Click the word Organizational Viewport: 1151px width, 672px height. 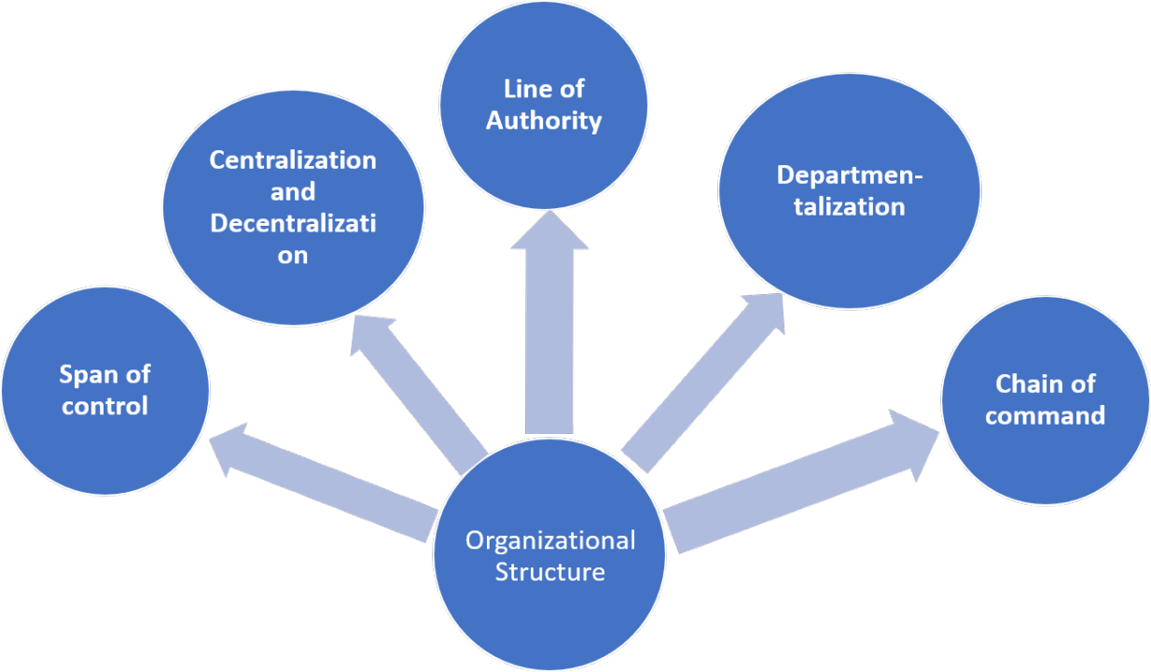tap(550, 540)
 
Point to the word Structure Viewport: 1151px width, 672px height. tap(549, 571)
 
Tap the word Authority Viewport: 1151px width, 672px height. tap(544, 120)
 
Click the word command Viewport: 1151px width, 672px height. tap(1045, 415)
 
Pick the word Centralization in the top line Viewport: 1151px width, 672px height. tap(293, 160)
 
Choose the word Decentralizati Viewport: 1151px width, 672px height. tap(293, 224)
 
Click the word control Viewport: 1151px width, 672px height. tap(104, 407)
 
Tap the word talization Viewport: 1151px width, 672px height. tap(849, 206)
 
